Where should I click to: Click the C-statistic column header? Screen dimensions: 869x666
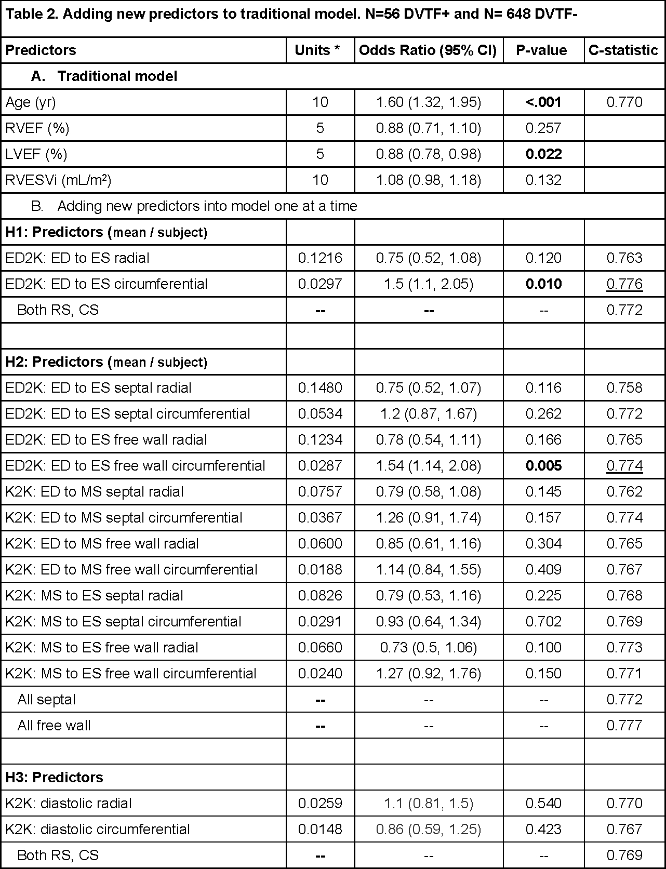tap(623, 50)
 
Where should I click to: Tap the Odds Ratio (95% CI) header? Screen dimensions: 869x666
tap(428, 50)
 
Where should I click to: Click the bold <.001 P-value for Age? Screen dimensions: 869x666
tap(543, 102)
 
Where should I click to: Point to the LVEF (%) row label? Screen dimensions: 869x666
tap(36, 154)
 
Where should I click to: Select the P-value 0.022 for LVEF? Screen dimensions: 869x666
tap(543, 154)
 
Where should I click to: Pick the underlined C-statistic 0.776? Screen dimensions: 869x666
tap(624, 284)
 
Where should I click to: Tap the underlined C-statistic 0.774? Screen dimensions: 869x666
tap(624, 466)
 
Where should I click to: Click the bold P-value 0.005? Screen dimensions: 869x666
tap(543, 466)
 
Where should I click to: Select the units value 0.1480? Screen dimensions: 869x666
tap(320, 388)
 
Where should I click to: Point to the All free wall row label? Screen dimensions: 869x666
tap(54, 726)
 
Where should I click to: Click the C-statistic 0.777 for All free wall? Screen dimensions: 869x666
tap(624, 726)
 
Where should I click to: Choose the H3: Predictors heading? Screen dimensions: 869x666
tap(54, 778)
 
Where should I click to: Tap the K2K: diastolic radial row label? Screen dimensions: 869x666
tap(69, 804)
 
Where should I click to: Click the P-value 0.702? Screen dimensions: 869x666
tap(543, 622)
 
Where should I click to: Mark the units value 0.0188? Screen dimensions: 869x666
tap(320, 570)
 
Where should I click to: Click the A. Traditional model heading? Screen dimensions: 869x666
tap(104, 76)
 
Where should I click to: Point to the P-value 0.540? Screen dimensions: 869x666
tap(543, 804)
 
